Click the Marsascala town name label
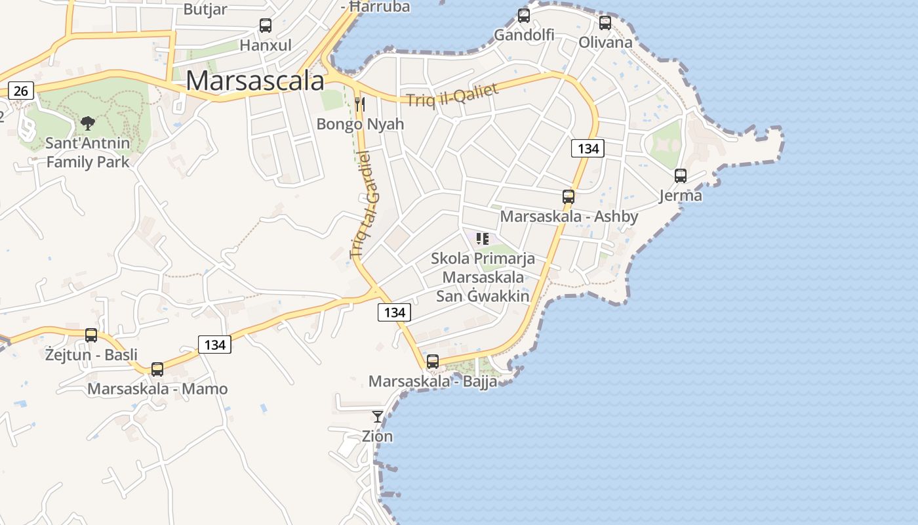[x=255, y=81]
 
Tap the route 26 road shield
[x=21, y=91]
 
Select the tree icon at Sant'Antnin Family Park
[x=87, y=123]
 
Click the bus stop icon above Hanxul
[x=266, y=26]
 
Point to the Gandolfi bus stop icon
[x=524, y=15]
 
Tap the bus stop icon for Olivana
[x=605, y=23]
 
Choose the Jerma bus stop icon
[x=681, y=176]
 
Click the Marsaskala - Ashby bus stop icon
[x=569, y=197]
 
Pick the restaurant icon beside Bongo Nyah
[x=359, y=104]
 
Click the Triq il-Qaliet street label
[x=452, y=95]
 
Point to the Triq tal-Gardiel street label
[x=365, y=205]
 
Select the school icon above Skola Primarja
[x=483, y=239]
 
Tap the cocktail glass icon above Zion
[x=378, y=416]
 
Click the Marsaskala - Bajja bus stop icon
[x=433, y=362]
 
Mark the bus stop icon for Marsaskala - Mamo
[x=157, y=369]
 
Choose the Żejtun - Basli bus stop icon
[x=91, y=335]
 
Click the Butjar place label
[x=205, y=9]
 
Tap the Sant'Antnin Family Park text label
[x=88, y=152]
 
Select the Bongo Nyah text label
[x=360, y=124]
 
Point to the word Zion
[x=378, y=436]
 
